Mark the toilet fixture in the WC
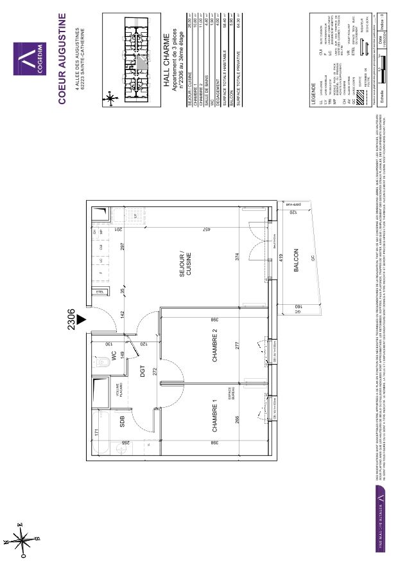coord(105,365)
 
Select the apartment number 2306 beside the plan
coord(71,318)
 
